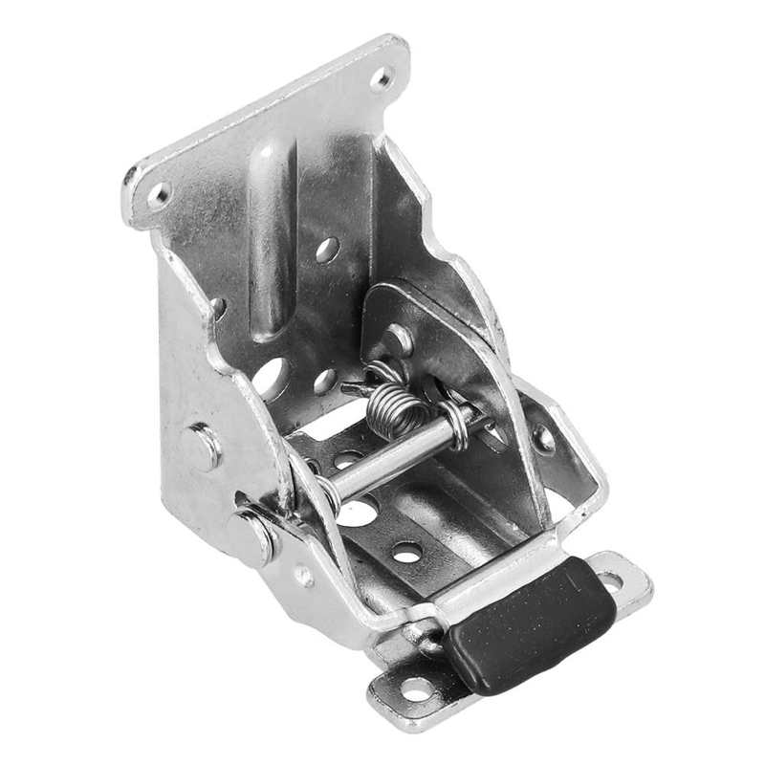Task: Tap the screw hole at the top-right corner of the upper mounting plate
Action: pos(382,76)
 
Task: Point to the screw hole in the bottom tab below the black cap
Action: pos(416,688)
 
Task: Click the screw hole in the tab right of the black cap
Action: pos(610,579)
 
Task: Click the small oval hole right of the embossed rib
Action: pos(327,250)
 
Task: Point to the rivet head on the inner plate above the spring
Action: pos(396,339)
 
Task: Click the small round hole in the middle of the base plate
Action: pos(406,552)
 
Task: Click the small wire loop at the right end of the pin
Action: pos(459,426)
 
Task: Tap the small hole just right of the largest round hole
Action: pos(325,380)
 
